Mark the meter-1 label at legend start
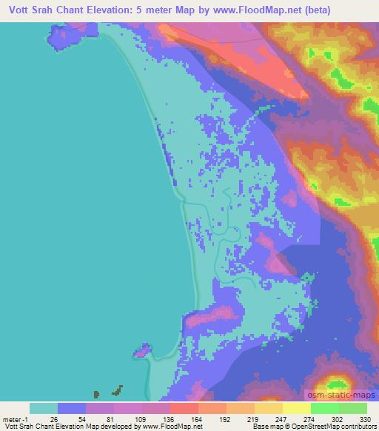[14, 419]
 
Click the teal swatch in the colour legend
[44, 408]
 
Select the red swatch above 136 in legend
[184, 408]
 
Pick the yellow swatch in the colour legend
[268, 408]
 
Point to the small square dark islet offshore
[95, 394]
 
